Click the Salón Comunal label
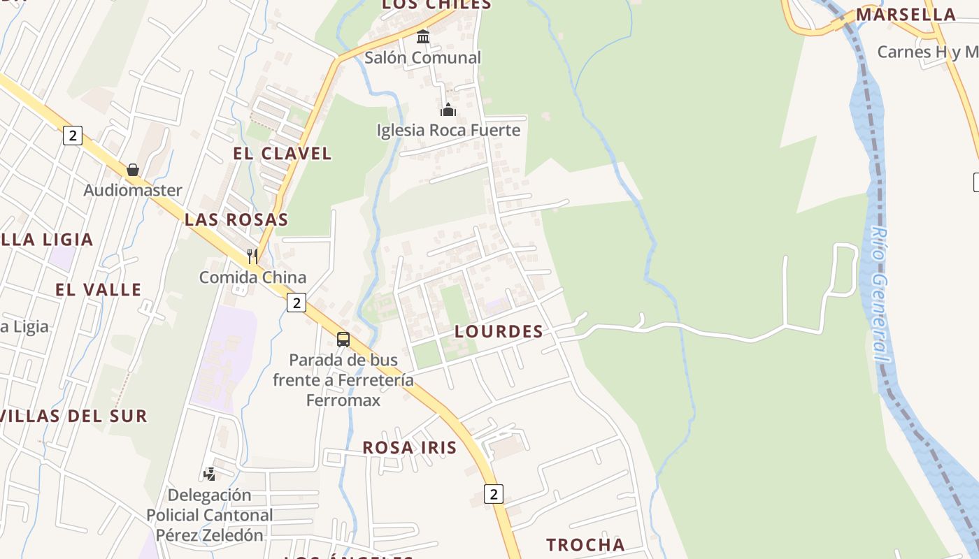tap(422, 58)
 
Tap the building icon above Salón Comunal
tap(423, 36)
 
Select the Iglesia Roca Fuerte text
tap(448, 131)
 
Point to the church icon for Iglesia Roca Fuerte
tap(448, 110)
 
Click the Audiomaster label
tap(133, 190)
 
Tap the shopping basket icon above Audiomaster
tap(133, 170)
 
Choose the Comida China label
tap(252, 277)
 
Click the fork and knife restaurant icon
tap(252, 256)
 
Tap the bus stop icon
tap(343, 340)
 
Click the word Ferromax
tap(343, 400)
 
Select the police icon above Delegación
tap(209, 474)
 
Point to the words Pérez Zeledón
tap(210, 535)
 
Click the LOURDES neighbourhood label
tap(499, 332)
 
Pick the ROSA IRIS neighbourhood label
tap(409, 448)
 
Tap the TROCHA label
tap(585, 545)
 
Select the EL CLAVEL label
tap(283, 154)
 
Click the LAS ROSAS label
tap(236, 219)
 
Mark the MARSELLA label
tap(906, 15)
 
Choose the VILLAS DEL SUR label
tap(73, 416)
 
